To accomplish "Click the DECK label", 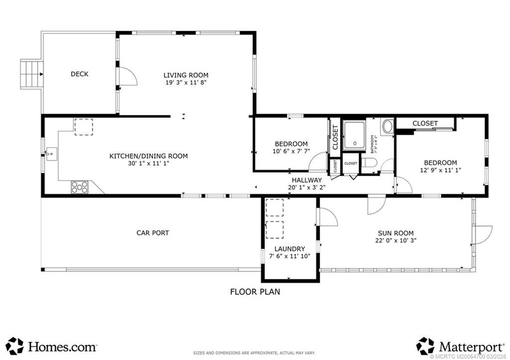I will tap(79, 74).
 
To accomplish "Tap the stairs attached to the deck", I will tap(31, 74).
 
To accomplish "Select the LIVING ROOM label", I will tap(186, 75).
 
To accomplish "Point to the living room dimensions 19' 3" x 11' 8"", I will tap(186, 83).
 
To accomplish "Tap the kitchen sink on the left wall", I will tap(50, 154).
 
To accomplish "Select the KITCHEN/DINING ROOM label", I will tap(148, 156).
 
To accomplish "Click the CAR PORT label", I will tap(153, 233).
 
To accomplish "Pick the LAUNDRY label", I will tap(289, 249).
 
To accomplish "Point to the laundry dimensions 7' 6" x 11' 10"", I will tap(289, 256).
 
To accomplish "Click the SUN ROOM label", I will tap(395, 233).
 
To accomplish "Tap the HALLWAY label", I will tap(307, 180).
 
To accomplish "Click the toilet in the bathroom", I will tap(367, 162).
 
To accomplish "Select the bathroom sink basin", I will tap(387, 126).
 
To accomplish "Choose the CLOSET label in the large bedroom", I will tap(425, 123).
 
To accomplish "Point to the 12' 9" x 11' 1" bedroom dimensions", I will tap(440, 170).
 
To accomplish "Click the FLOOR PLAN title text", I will tap(255, 292).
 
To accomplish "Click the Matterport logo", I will tap(458, 346).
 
